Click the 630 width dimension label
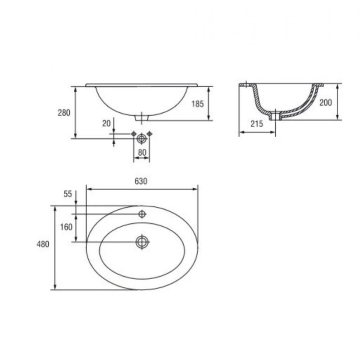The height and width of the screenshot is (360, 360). [141, 181]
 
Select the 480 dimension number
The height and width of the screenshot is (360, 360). [43, 244]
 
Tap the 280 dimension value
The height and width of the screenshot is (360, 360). [64, 113]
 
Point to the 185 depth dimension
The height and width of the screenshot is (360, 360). [198, 104]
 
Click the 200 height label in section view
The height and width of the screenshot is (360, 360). [326, 102]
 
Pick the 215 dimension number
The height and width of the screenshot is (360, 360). [257, 124]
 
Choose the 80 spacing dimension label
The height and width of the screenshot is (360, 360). [142, 152]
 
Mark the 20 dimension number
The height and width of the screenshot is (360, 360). [106, 123]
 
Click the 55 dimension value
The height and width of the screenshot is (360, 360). [68, 194]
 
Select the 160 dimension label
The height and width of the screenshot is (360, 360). [66, 227]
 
